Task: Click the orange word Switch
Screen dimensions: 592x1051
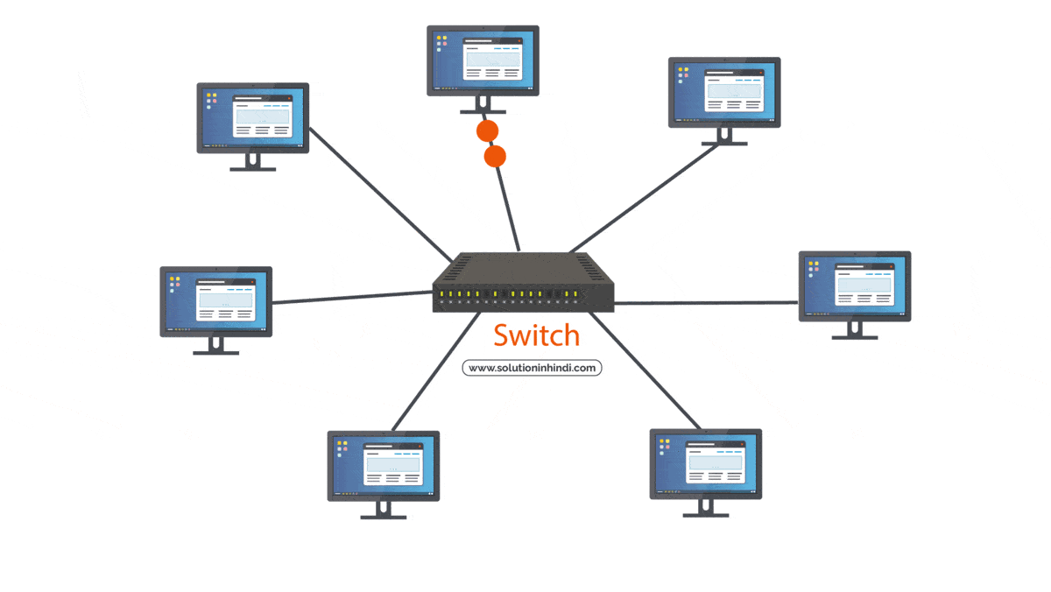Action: (x=536, y=335)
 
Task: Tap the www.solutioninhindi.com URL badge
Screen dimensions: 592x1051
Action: (x=532, y=368)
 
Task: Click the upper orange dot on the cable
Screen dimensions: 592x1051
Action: (x=487, y=131)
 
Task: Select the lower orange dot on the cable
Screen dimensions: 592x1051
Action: (x=495, y=158)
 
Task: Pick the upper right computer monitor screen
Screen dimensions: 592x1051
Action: (x=724, y=92)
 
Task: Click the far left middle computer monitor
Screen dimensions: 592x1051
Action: (x=215, y=300)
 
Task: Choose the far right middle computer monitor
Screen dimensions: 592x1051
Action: (x=855, y=285)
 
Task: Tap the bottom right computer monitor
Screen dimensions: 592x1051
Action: (x=705, y=463)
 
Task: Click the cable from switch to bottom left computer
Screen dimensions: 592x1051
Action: (x=434, y=372)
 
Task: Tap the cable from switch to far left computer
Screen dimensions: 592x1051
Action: (x=350, y=298)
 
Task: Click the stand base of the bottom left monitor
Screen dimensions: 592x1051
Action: (x=384, y=517)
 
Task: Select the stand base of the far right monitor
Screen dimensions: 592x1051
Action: (x=854, y=336)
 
